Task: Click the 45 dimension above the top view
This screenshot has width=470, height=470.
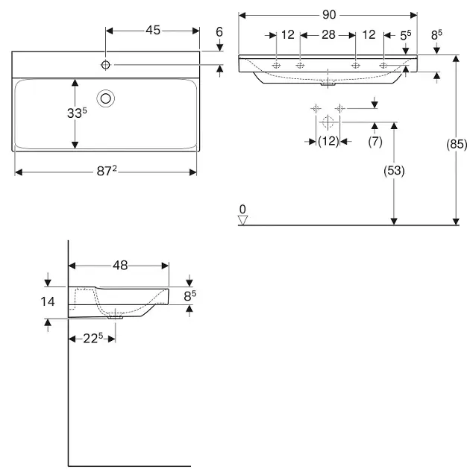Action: click(152, 30)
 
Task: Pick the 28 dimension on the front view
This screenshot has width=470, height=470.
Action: click(328, 35)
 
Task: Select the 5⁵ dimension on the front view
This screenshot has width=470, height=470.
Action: click(406, 35)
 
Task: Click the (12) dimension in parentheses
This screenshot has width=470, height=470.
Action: click(328, 140)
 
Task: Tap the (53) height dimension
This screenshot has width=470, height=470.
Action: click(394, 171)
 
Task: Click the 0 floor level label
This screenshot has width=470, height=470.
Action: click(242, 208)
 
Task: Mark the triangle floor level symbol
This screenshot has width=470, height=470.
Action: click(242, 219)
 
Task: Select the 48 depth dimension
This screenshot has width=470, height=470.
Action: click(120, 265)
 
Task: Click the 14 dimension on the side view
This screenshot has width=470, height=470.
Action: click(48, 302)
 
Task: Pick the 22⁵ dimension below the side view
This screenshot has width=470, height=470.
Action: click(92, 339)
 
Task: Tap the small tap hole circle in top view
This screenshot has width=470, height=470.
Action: click(106, 66)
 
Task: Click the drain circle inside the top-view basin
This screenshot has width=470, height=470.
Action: click(106, 97)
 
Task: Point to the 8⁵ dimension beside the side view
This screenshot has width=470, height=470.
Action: click(190, 296)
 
